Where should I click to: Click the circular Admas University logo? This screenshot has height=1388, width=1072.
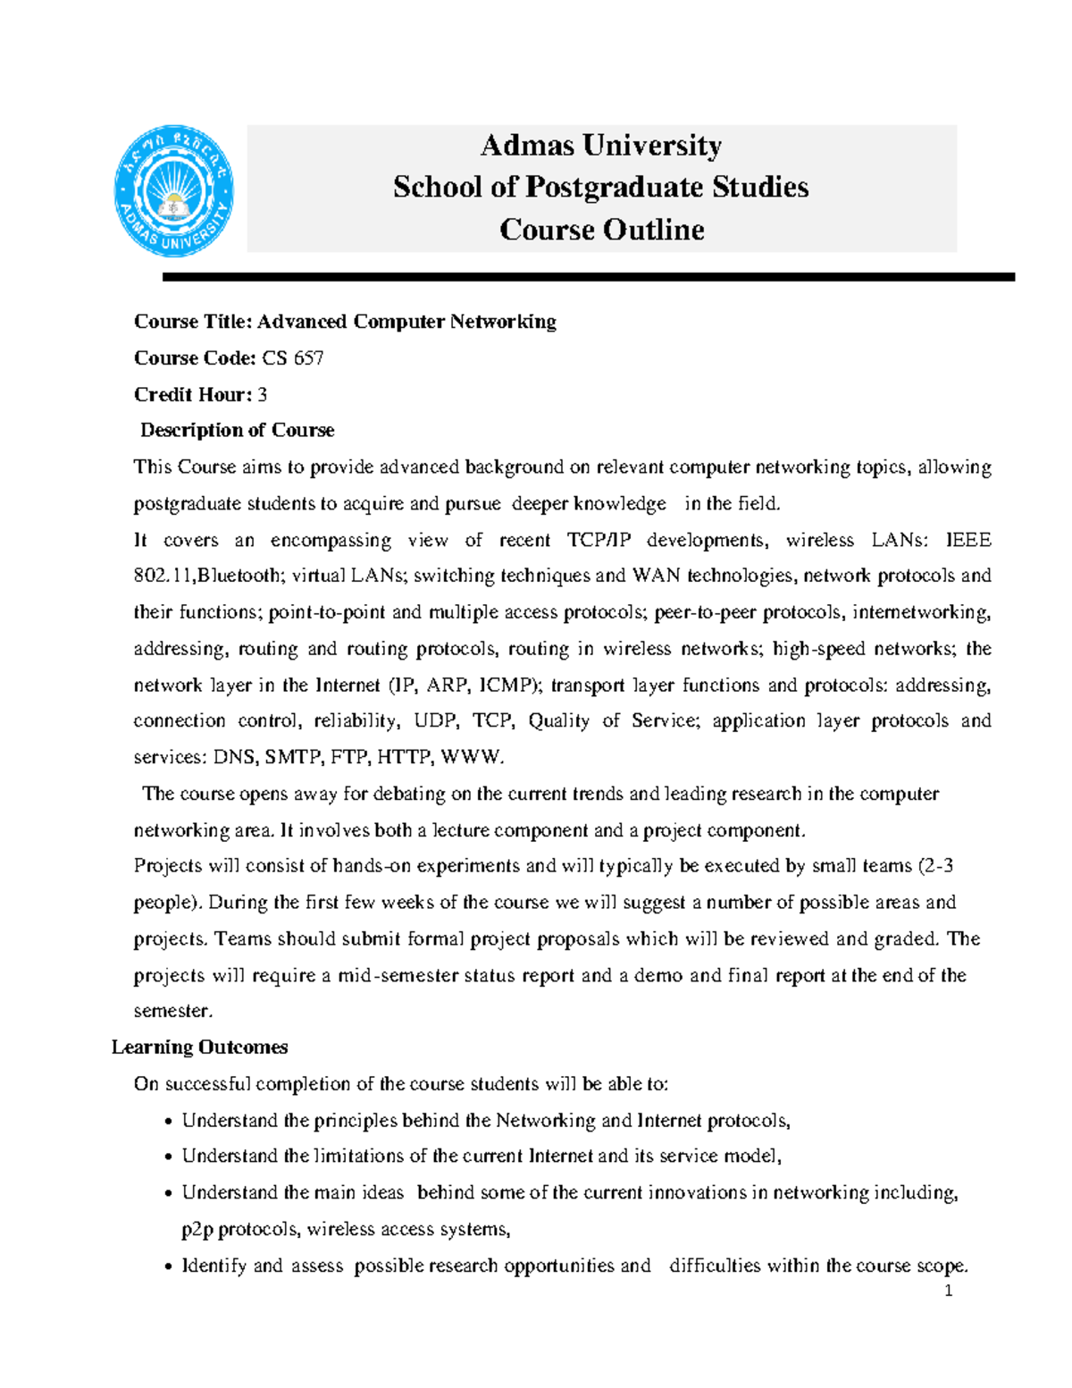[173, 191]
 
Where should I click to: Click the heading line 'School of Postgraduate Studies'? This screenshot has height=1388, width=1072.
[600, 187]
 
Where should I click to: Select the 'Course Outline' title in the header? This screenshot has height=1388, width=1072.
[601, 230]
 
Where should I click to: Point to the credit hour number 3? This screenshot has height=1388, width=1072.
[262, 395]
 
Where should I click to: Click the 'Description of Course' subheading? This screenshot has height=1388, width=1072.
[237, 431]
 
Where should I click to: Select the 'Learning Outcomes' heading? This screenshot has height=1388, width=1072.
[199, 1047]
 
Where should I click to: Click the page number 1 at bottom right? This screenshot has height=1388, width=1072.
[948, 1291]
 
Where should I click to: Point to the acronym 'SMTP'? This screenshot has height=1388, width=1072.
[293, 758]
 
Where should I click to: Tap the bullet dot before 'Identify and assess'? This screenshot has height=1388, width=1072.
[168, 1267]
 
